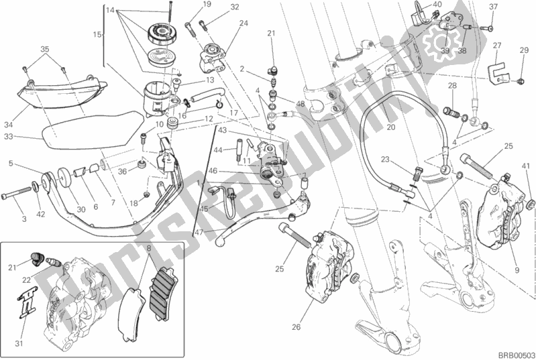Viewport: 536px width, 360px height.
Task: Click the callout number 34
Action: click(x=9, y=125)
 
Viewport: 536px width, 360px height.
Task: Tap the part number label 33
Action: click(x=9, y=137)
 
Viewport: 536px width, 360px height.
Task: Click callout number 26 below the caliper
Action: click(x=296, y=327)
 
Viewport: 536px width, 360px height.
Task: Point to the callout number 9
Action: click(x=517, y=270)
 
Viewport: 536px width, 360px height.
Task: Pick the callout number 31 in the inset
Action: click(x=19, y=343)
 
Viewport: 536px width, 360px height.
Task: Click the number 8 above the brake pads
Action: click(x=148, y=248)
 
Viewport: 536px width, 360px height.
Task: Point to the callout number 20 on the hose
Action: click(x=390, y=127)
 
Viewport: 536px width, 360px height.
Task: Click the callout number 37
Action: click(x=493, y=7)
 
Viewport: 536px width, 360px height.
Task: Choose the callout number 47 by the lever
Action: click(x=199, y=232)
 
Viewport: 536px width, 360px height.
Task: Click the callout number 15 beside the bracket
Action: click(x=97, y=34)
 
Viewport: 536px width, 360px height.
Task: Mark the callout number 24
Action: click(x=244, y=23)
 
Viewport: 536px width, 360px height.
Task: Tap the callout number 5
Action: click(x=11, y=164)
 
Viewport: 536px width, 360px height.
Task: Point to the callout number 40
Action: click(x=437, y=5)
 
